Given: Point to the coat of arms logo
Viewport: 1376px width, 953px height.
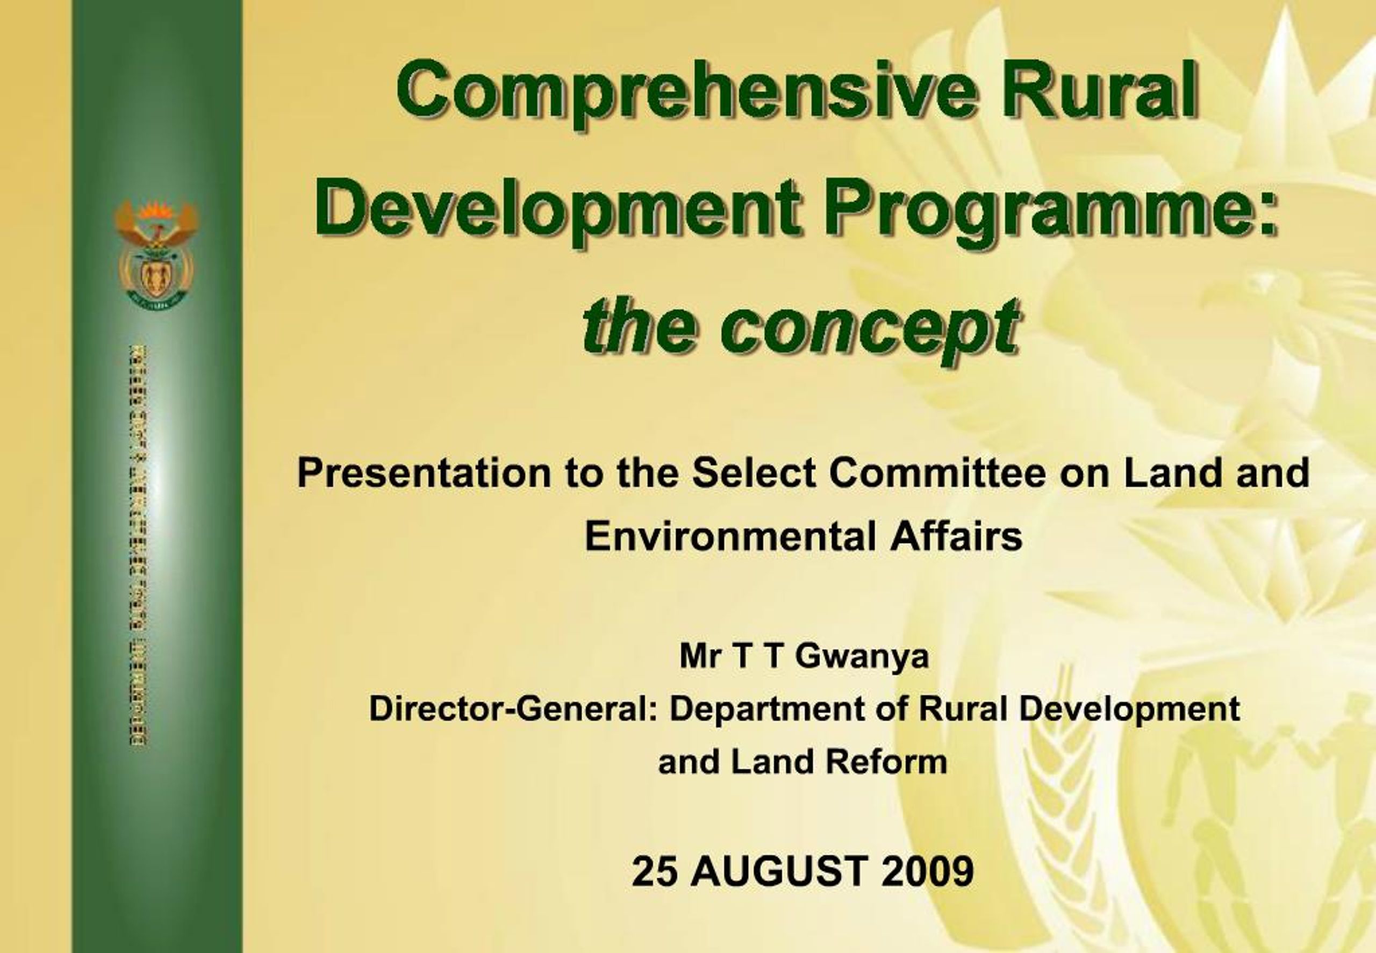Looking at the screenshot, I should click(x=156, y=254).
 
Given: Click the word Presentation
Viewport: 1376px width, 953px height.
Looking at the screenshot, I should click(x=424, y=474).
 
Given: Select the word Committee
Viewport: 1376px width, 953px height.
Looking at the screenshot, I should click(x=937, y=474).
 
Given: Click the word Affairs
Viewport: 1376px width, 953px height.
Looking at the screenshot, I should click(x=956, y=535).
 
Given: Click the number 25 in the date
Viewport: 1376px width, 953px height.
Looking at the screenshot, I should click(x=655, y=871).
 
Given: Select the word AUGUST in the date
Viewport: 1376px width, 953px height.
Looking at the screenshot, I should click(x=778, y=871).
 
